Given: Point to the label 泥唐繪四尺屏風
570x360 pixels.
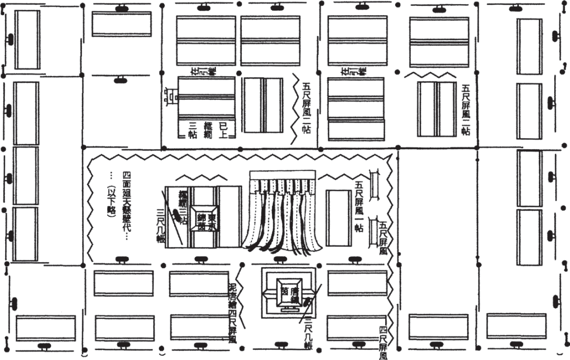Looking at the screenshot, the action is [x=232, y=311].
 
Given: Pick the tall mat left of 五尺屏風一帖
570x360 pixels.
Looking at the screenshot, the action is [x=338, y=218].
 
